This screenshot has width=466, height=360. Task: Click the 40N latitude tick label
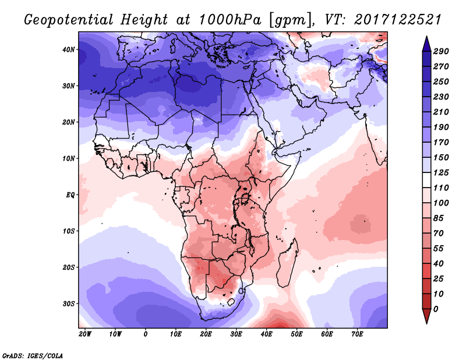(69, 50)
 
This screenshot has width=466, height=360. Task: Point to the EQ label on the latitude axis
(71, 195)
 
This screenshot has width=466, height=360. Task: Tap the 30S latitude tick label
(69, 303)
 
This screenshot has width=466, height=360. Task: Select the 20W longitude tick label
(84, 334)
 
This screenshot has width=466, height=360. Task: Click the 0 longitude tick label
(146, 334)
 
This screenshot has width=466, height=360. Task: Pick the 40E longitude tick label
(266, 334)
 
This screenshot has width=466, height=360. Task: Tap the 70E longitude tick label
(357, 334)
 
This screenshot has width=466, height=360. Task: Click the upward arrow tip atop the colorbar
(426, 38)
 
